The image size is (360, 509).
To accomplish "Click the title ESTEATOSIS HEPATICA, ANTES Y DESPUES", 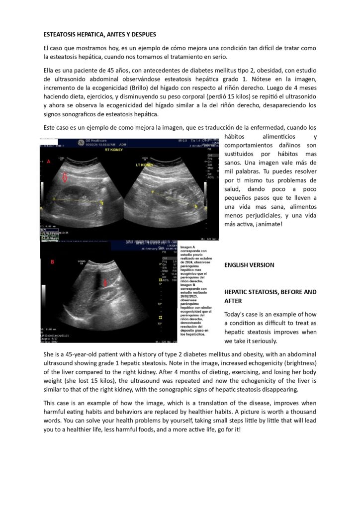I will coord(99,34).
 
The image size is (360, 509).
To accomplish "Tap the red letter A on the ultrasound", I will coord(49,162).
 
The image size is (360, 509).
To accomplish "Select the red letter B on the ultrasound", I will coord(52,261).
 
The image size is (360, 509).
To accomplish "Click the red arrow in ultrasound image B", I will coord(105,283).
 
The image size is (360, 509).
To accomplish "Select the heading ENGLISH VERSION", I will coord(249,265).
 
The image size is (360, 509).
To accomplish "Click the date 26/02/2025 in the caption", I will coord(191,286).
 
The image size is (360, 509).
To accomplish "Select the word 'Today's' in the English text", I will coord(236,314).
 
